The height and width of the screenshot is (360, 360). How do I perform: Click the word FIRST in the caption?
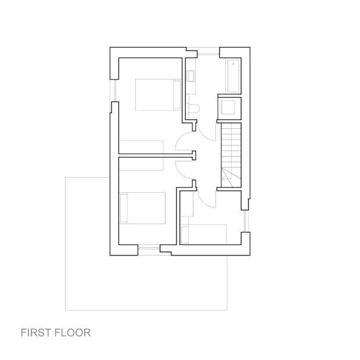(x=36, y=333)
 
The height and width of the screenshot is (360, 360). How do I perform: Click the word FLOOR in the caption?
(x=73, y=333)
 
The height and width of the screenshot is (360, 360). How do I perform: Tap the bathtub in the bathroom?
(x=233, y=76)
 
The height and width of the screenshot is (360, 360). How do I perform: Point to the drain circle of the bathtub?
(x=233, y=64)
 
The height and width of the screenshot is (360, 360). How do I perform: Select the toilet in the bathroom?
(x=194, y=109)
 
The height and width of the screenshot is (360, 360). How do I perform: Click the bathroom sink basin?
(x=191, y=76)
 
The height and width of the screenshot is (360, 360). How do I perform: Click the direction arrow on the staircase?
(x=226, y=175)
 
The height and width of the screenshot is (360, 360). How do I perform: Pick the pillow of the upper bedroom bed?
(x=177, y=95)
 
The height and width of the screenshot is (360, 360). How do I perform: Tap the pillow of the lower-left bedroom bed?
(x=124, y=208)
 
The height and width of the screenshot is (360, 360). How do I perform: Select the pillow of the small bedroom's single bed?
(x=185, y=235)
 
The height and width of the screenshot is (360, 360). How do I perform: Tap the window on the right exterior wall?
(x=245, y=221)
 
